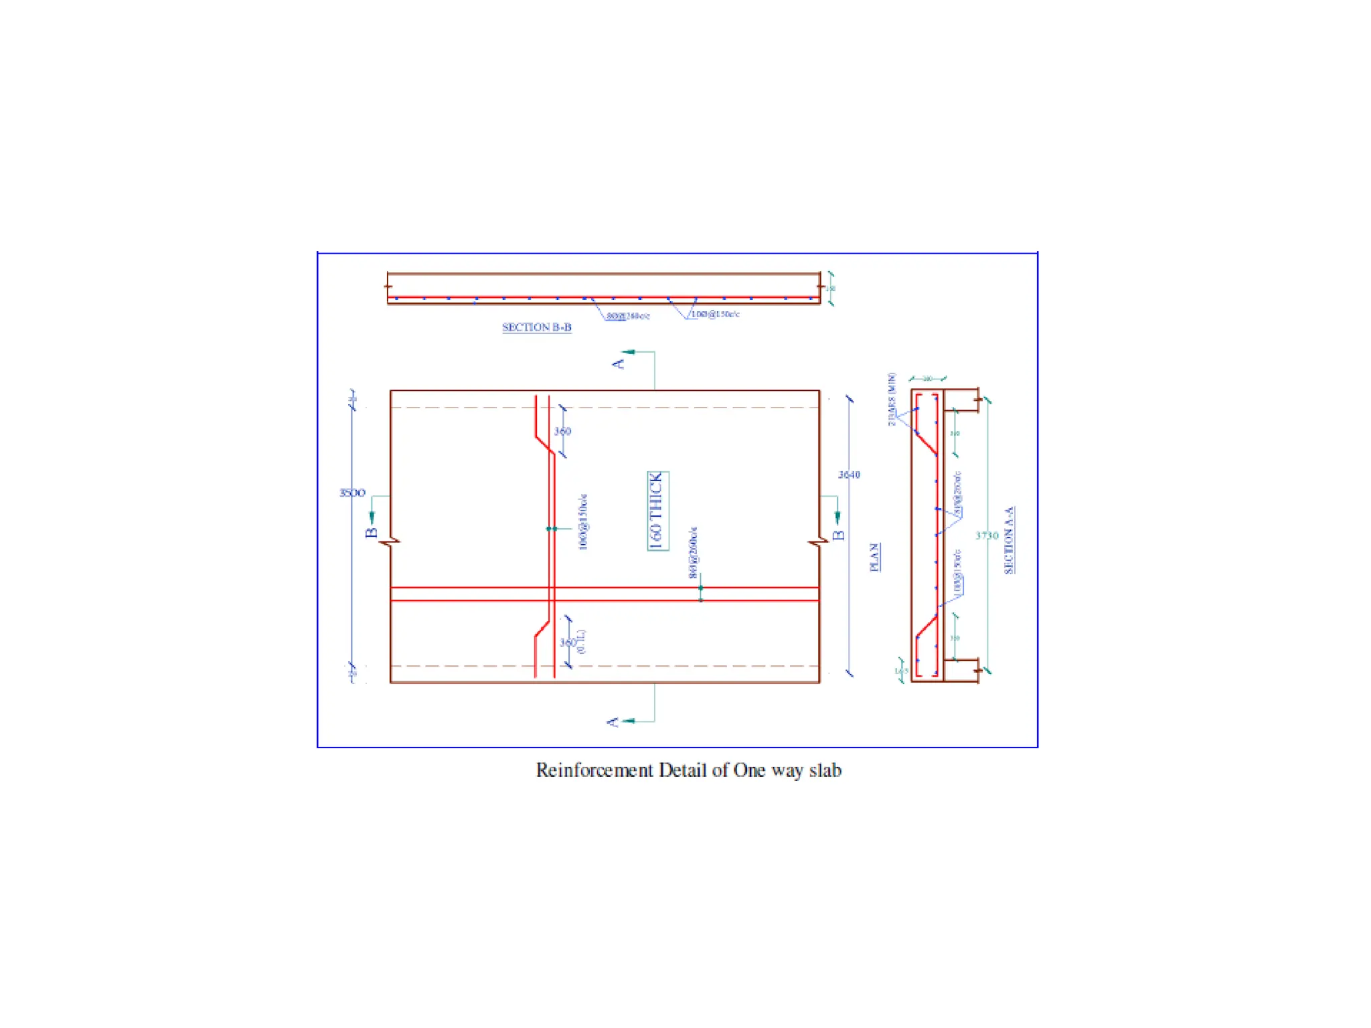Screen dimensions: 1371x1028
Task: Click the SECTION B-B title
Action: (536, 327)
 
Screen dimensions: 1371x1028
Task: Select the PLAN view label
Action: (874, 557)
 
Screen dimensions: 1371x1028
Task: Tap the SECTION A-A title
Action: (1009, 539)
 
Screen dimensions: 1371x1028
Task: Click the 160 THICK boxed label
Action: (657, 511)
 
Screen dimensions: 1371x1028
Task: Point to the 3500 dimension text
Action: (352, 493)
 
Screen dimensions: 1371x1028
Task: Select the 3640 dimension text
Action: (849, 475)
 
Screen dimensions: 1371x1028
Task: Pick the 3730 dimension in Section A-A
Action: (987, 535)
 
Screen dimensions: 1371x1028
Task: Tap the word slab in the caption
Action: (825, 770)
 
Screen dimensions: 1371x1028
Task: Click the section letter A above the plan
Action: (617, 363)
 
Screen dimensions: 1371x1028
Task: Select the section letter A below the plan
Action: (612, 722)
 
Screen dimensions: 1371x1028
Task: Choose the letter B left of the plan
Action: (372, 533)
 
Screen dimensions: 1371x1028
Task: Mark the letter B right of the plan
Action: (838, 535)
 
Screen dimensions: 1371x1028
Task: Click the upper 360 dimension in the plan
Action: (562, 432)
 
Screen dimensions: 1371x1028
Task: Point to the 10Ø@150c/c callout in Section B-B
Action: (715, 314)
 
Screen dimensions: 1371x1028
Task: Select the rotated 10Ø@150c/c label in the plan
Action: (583, 522)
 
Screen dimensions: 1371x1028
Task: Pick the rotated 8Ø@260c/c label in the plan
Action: (693, 553)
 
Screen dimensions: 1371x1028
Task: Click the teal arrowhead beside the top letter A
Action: (629, 351)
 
